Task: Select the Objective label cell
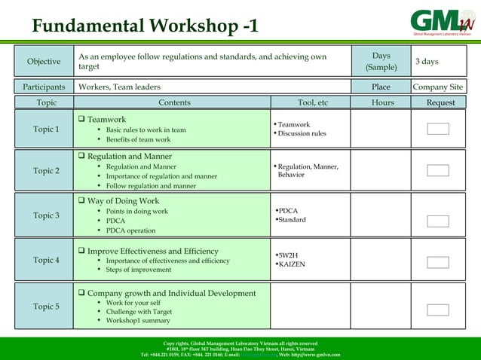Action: [x=44, y=62]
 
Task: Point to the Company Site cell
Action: [x=438, y=87]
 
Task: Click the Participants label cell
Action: [x=44, y=87]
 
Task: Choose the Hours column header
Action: [x=382, y=102]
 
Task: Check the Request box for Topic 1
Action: [x=438, y=129]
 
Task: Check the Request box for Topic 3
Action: [x=438, y=221]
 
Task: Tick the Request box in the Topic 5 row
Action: [x=438, y=310]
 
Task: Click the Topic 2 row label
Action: [x=46, y=171]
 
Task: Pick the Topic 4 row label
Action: [x=46, y=261]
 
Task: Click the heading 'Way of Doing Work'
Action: [x=123, y=201]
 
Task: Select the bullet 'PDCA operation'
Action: [x=130, y=231]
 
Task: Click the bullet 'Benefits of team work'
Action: [x=138, y=140]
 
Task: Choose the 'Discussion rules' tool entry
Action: [x=302, y=134]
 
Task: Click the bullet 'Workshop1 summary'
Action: [x=138, y=321]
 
